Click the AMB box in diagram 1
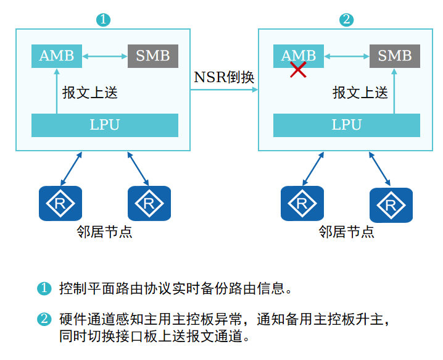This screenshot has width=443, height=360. click(56, 56)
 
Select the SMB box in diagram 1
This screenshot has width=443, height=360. click(152, 56)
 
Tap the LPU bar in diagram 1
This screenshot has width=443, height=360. click(104, 125)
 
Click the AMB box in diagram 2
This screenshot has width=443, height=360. click(298, 56)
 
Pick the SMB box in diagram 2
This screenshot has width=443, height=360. click(394, 56)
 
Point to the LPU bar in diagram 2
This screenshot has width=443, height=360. click(346, 125)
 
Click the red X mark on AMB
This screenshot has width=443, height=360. click(298, 70)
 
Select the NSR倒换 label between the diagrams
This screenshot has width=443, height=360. click(224, 77)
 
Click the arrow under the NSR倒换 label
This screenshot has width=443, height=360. click(224, 90)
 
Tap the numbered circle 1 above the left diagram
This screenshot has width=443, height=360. click(103, 20)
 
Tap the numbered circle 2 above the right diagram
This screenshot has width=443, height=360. click(346, 20)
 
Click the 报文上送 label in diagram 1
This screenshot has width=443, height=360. click(90, 93)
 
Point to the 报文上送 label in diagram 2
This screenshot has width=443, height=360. click(360, 93)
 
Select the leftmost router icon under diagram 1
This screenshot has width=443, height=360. click(60, 203)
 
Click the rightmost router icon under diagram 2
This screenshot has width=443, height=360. click(391, 204)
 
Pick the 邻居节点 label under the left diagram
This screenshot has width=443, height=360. click(104, 232)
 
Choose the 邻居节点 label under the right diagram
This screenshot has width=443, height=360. click(346, 232)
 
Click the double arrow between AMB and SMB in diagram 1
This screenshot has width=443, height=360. click(104, 57)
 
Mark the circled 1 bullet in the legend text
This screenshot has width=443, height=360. click(44, 288)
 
